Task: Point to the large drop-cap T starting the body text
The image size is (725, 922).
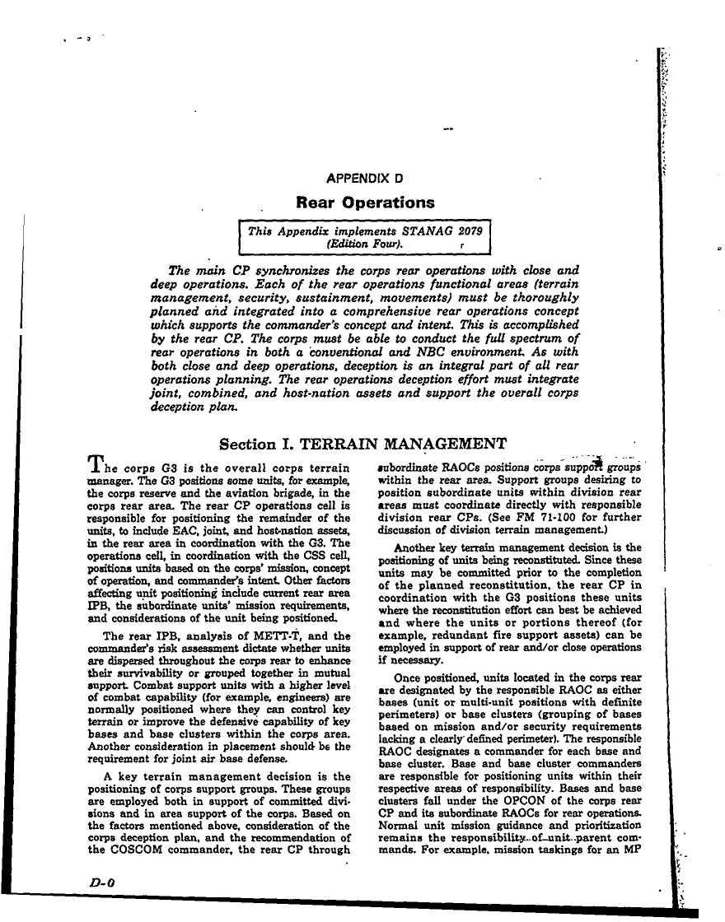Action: point(95,466)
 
